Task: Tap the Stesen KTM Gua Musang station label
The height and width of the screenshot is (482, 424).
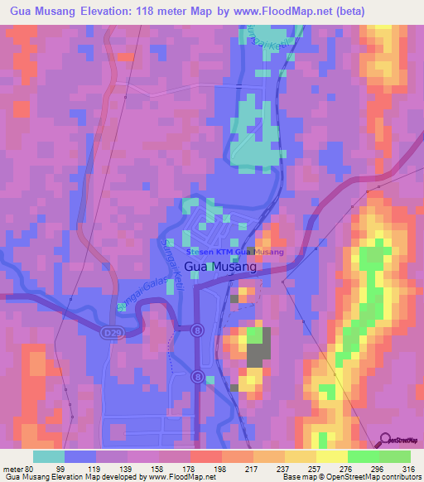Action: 236,252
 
